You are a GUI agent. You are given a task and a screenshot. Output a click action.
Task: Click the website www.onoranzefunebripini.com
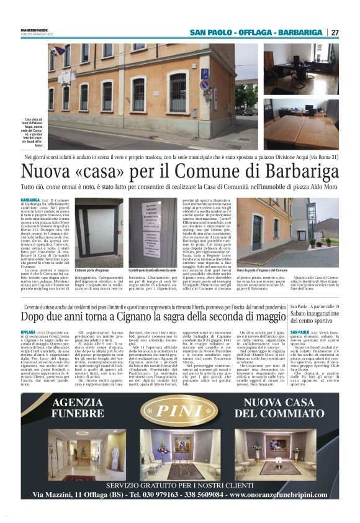tap(295, 494)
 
